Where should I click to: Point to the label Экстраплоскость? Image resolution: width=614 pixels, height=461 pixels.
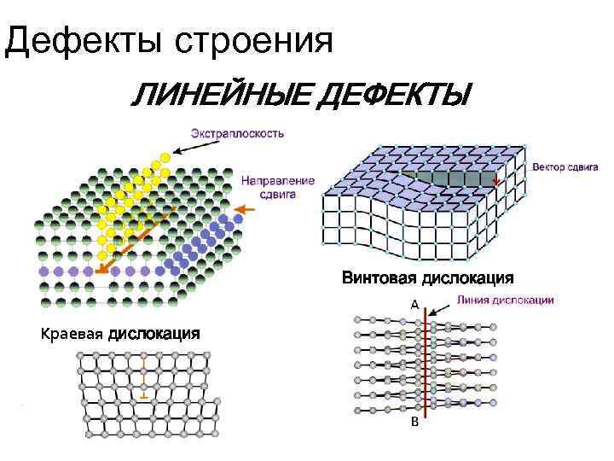click(236, 133)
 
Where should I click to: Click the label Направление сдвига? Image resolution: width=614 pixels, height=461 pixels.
click(277, 188)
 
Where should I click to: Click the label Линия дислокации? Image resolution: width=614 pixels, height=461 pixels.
click(506, 300)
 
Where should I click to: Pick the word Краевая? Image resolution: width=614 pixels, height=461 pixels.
click(72, 334)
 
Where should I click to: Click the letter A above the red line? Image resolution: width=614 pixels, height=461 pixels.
click(414, 305)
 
